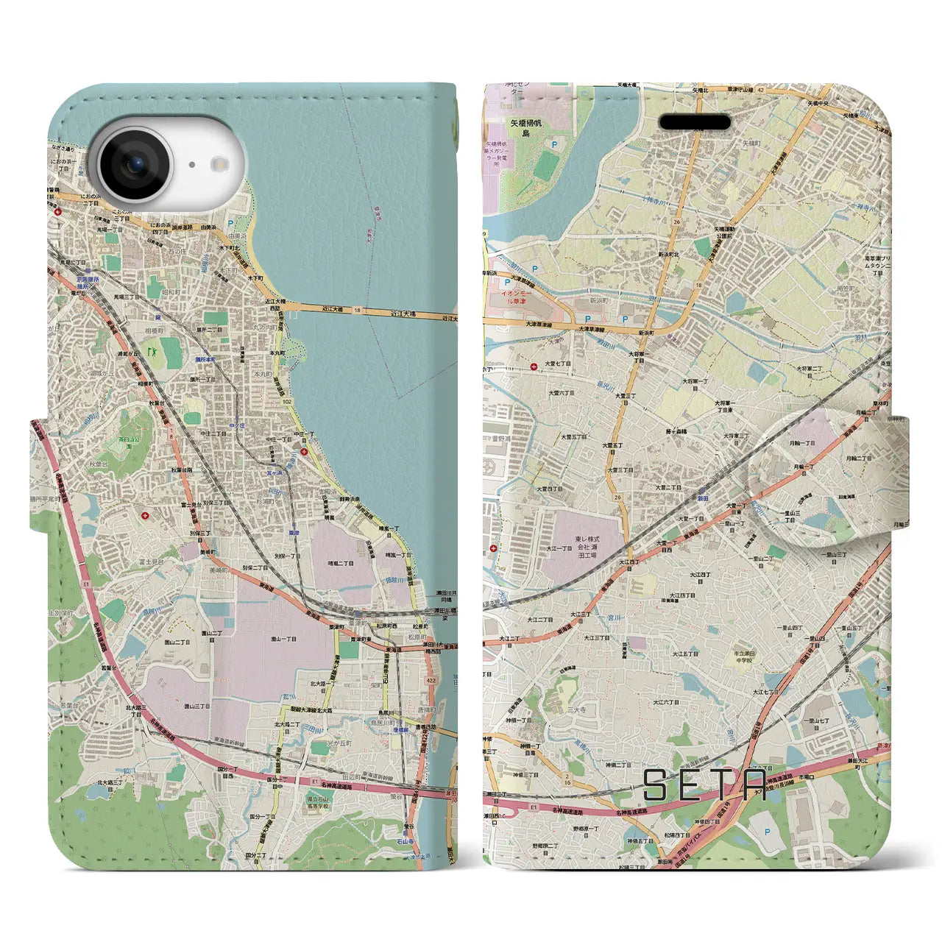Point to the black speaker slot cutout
(x=694, y=121)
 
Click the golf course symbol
(x=153, y=352)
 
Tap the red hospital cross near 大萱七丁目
(x=534, y=365)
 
